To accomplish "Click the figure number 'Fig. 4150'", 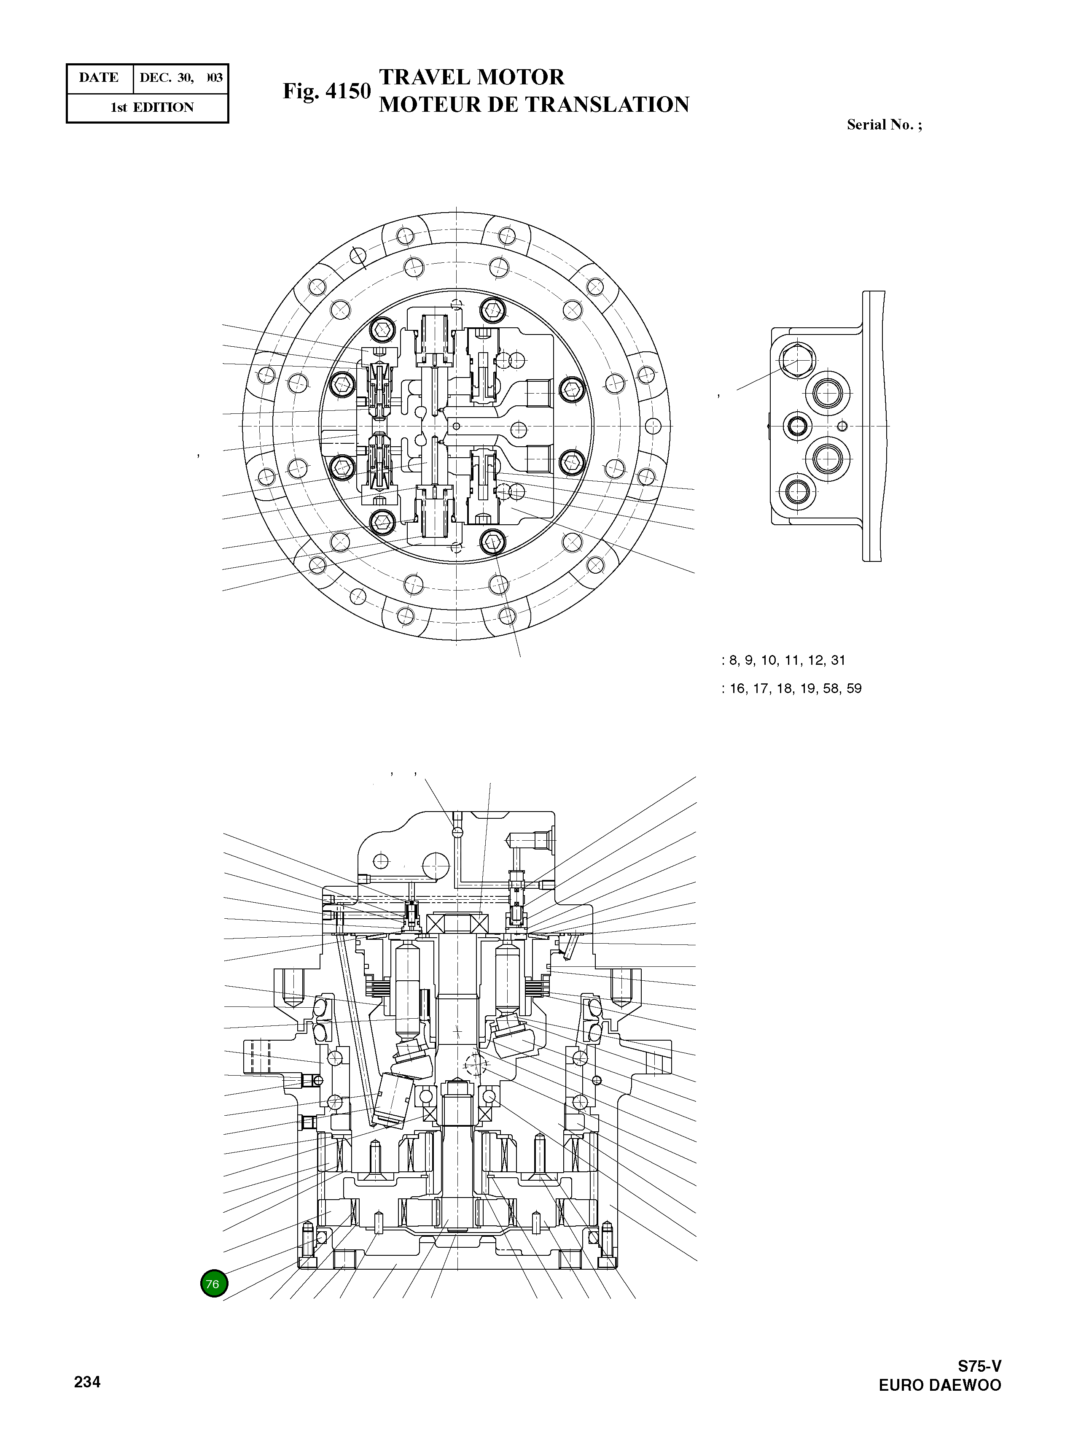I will (x=326, y=91).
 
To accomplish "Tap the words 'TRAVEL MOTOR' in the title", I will (x=471, y=77).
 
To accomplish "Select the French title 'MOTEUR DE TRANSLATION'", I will (x=534, y=105).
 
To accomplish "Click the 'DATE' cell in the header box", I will (x=99, y=78).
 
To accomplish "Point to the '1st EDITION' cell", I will (x=152, y=108).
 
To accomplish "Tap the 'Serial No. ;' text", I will (x=884, y=125).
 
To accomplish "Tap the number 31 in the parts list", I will (x=838, y=660).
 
